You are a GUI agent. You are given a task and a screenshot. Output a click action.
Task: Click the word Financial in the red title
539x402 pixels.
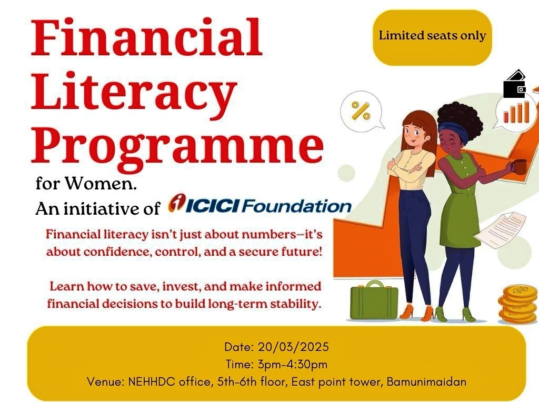click(147, 37)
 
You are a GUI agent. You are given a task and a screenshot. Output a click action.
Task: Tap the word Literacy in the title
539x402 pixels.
click(134, 93)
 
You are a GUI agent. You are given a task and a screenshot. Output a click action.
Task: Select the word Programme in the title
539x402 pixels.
click(177, 146)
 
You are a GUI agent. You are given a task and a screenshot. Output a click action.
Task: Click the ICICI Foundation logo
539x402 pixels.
click(259, 205)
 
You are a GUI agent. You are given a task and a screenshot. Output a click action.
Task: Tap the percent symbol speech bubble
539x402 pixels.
click(362, 112)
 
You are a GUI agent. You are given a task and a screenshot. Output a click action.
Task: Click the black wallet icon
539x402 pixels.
click(515, 84)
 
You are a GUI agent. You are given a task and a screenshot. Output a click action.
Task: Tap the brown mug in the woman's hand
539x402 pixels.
click(520, 167)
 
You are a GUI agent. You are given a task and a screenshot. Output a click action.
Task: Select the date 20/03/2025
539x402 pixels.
click(293, 347)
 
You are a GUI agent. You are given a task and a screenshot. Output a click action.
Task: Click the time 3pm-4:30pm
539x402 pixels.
click(292, 364)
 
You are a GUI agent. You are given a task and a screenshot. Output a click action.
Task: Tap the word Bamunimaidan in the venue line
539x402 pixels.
click(426, 381)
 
